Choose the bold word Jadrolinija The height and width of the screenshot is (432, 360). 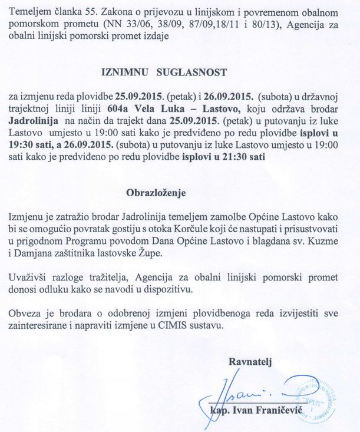(x=33, y=121)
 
